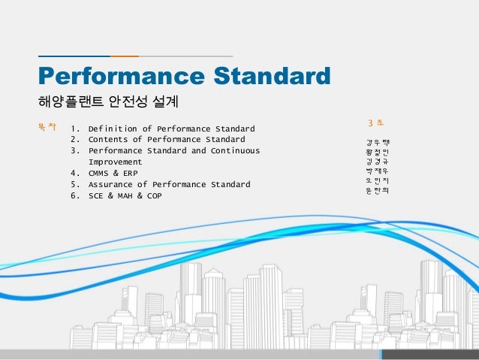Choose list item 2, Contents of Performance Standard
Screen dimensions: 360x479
167,140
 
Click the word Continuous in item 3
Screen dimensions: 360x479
235,151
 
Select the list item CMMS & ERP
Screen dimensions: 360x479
113,174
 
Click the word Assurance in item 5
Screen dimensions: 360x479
112,185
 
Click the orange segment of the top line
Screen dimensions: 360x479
124,56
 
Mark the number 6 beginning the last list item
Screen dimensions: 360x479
74,196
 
